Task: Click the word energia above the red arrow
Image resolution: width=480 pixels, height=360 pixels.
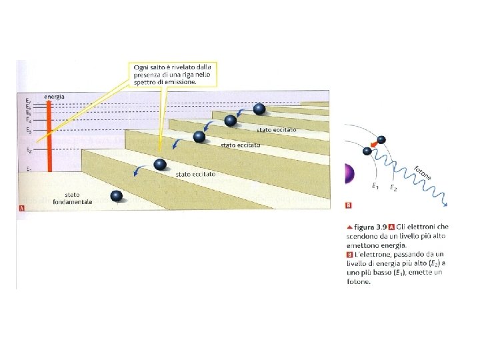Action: click(x=54, y=97)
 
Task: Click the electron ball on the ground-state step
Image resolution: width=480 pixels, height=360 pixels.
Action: click(x=117, y=196)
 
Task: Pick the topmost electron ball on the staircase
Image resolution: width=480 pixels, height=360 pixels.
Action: click(x=259, y=109)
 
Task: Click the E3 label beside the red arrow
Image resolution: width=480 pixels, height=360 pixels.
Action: click(x=28, y=130)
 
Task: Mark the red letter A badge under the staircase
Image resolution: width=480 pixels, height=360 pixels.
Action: click(x=22, y=209)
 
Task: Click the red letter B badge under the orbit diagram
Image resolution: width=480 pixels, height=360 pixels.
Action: click(x=348, y=205)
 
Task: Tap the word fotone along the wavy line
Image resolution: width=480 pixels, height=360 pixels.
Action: click(x=422, y=172)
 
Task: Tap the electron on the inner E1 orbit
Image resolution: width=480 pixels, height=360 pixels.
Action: click(x=367, y=151)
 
